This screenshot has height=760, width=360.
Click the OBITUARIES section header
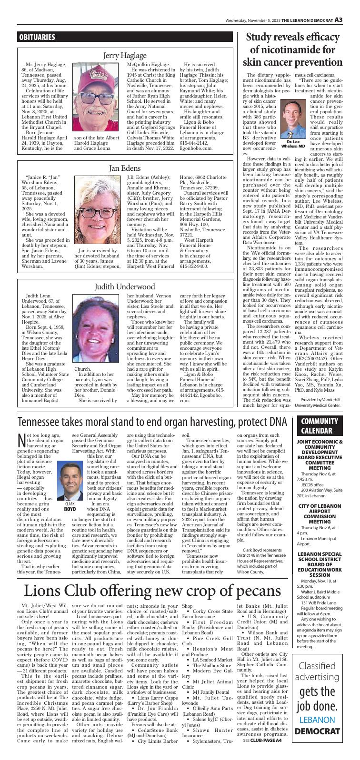(x=37, y=37)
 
